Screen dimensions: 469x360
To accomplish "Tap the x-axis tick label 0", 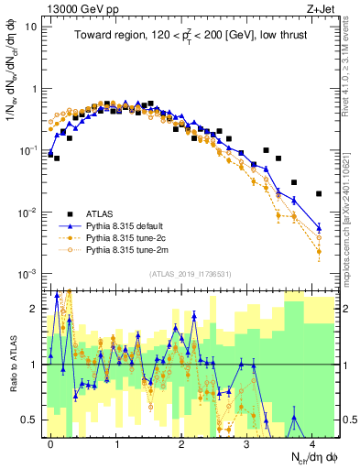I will pyautogui.click(x=50, y=442).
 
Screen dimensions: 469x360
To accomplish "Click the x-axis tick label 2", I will pyautogui.click(x=181, y=442).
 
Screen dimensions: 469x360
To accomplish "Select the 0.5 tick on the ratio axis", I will pyautogui.click(x=29, y=420).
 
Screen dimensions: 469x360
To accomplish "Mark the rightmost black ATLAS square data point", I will pyautogui.click(x=318, y=193).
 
